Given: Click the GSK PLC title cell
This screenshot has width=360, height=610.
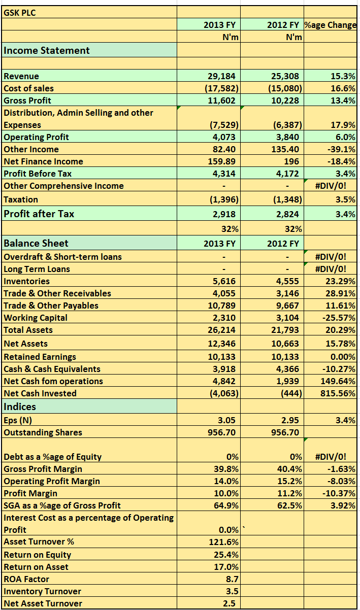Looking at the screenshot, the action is [20, 13].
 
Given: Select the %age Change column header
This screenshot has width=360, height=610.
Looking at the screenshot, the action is [330, 25].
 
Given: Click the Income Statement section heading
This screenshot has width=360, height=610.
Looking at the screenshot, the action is [47, 50].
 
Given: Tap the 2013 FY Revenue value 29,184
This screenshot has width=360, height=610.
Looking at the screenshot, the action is [221, 76].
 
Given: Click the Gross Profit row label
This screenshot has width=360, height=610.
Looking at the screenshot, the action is [27, 100].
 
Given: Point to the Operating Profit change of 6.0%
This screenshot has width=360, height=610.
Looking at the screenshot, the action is [345, 137].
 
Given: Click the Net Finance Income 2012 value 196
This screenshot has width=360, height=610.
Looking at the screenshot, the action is [291, 161].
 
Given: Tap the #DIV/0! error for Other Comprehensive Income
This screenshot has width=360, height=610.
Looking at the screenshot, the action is [331, 186].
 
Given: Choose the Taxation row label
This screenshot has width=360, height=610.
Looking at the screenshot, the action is [21, 199].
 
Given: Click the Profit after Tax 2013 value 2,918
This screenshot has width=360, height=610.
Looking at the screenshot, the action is [224, 214].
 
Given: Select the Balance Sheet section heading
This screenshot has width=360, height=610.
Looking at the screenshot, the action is [36, 243].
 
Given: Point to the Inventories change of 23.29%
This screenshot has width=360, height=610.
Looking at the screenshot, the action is [340, 281].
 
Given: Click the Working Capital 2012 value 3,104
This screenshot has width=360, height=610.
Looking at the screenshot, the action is [287, 318].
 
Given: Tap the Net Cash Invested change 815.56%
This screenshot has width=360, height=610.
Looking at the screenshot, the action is [338, 393].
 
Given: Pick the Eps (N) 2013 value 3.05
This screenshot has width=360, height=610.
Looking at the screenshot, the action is [227, 420].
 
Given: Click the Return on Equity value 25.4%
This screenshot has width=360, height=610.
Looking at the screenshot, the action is [226, 555].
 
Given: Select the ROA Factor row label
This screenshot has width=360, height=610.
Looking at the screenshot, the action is [26, 579].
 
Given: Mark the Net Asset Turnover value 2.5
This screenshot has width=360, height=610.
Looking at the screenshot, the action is [229, 603].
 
